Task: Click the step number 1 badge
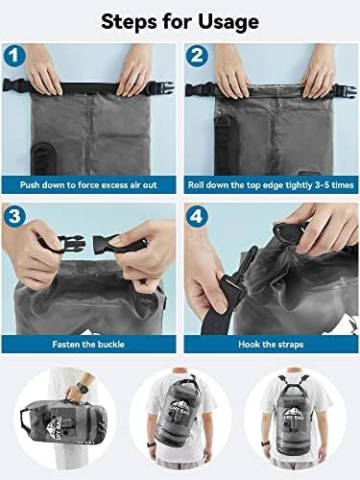pos(16,55)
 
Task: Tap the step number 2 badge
pos(197,55)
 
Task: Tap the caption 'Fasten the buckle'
pos(88,343)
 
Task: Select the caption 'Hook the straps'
pos(270,343)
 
